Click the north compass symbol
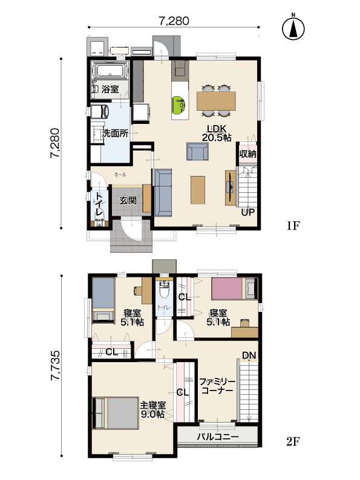(x=293, y=28)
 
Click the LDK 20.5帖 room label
(x=217, y=133)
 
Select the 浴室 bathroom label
(x=110, y=89)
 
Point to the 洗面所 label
(x=115, y=134)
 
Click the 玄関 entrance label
(x=128, y=201)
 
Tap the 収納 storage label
(x=247, y=154)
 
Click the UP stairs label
(x=247, y=212)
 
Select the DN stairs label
(x=249, y=355)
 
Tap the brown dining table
(x=217, y=101)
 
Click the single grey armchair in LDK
(x=198, y=151)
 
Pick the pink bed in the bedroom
(x=227, y=288)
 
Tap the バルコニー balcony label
(x=218, y=437)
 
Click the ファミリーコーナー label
(x=217, y=386)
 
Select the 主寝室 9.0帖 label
(x=152, y=410)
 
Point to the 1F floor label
(x=293, y=226)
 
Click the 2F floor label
(x=293, y=441)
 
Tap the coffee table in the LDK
(x=198, y=190)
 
